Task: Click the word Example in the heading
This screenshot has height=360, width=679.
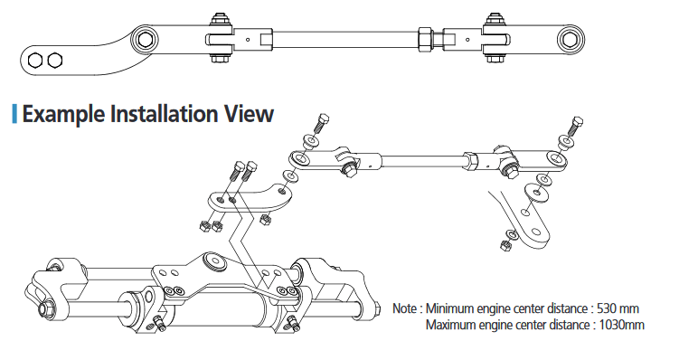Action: (63, 114)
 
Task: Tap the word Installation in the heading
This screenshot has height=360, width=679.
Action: (164, 113)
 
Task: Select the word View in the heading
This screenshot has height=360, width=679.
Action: (249, 113)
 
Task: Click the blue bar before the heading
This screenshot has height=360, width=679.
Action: (14, 113)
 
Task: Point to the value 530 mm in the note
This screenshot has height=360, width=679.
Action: (618, 308)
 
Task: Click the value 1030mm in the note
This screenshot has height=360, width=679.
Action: (622, 325)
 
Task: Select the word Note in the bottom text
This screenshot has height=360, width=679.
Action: (405, 308)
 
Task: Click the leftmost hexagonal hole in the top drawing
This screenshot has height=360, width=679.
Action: (35, 61)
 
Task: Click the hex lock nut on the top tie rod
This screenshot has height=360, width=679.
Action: (425, 40)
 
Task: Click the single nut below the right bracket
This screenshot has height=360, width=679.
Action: (505, 246)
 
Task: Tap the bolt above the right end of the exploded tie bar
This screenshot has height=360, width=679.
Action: (576, 126)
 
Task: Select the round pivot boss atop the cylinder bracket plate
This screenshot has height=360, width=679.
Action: (215, 262)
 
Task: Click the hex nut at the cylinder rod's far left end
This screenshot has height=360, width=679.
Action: (46, 308)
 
